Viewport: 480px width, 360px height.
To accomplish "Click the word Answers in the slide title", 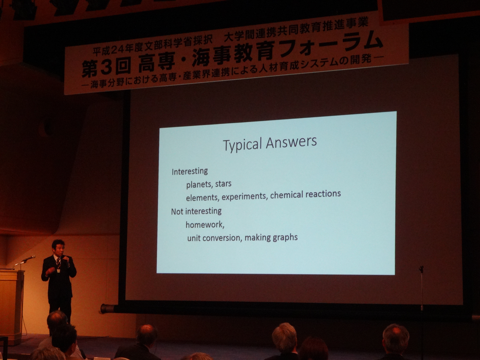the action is tap(291, 142).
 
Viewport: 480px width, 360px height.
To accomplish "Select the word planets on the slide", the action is tap(199, 185).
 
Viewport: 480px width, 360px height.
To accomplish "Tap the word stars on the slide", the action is tap(223, 184).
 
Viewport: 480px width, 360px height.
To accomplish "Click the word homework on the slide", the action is tap(205, 225).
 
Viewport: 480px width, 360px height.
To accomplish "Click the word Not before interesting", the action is tap(177, 211).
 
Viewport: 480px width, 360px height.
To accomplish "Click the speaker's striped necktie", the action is tap(58, 262).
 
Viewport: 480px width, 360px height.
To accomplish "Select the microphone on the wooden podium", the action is tap(29, 259).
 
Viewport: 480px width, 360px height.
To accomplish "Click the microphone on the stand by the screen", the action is tap(421, 269).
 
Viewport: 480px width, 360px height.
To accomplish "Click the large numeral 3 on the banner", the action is tap(106, 67).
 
